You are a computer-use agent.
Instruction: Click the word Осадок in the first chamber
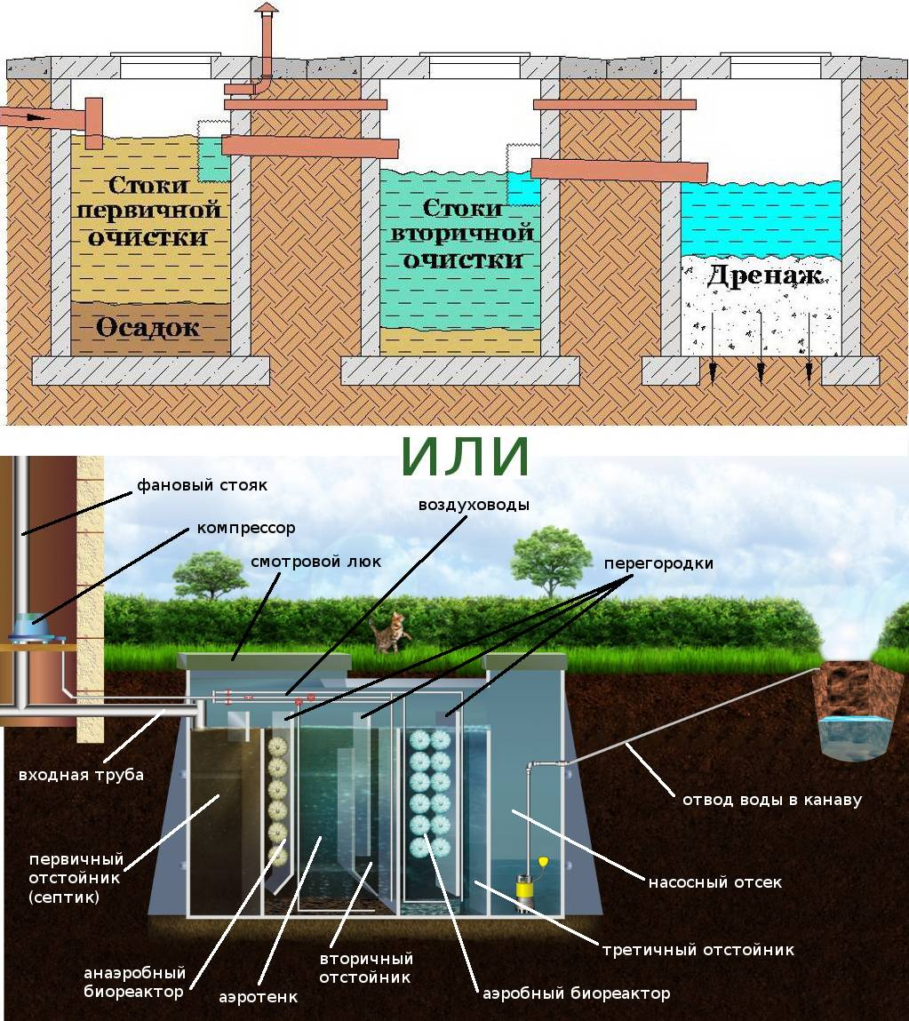148,327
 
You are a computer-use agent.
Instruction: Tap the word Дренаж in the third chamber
763,275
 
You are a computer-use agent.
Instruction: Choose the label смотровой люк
315,562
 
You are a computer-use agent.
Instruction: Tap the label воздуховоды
474,505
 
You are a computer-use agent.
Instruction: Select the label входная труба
81,774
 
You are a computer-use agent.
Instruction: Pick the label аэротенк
258,997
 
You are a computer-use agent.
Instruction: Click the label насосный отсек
714,882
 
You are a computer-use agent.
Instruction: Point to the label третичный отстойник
698,950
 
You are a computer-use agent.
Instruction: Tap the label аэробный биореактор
576,993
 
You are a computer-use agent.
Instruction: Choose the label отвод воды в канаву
771,800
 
